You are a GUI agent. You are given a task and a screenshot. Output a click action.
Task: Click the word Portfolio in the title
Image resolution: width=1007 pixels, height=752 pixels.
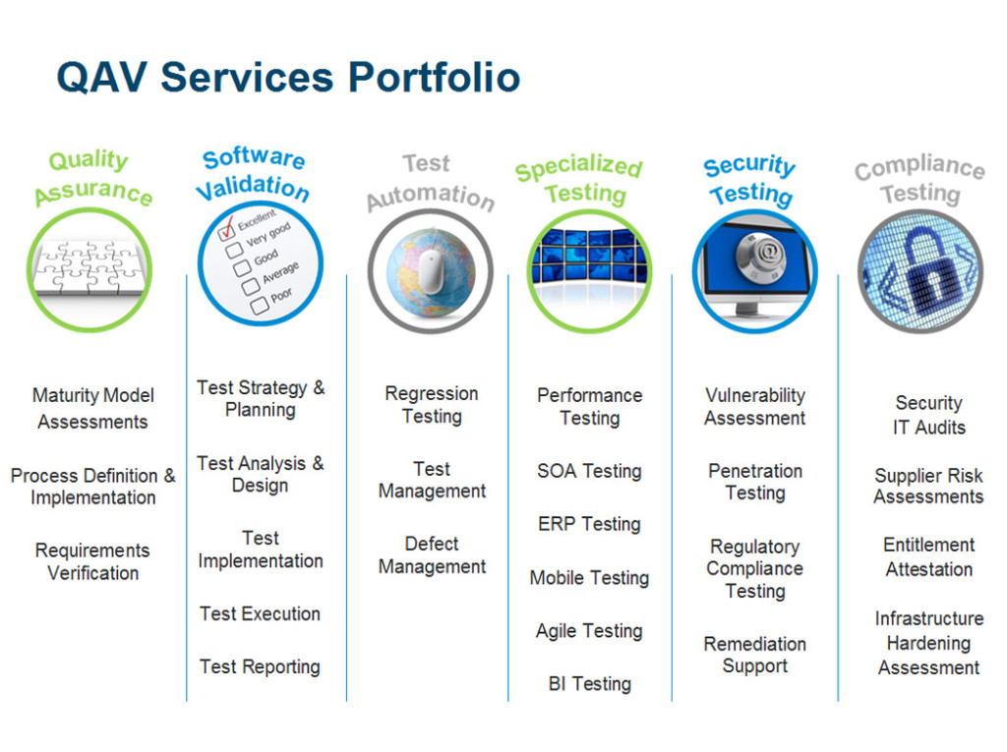click(x=434, y=78)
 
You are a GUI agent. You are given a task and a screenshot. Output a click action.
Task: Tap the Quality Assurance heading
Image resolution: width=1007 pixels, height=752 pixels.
click(x=92, y=178)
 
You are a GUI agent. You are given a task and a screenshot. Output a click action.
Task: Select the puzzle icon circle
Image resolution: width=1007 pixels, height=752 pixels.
click(x=89, y=269)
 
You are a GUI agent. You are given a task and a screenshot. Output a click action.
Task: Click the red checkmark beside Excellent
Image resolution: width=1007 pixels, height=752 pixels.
click(x=227, y=227)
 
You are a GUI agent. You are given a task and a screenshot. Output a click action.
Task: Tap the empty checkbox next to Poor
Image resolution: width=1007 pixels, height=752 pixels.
click(x=260, y=306)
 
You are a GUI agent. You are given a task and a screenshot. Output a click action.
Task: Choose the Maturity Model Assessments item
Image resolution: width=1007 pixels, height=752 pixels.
click(x=93, y=408)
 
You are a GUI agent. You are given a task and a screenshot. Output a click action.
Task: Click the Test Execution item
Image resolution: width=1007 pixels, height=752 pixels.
click(x=260, y=614)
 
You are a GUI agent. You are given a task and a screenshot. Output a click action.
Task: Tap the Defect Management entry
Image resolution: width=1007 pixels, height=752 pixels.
click(x=432, y=555)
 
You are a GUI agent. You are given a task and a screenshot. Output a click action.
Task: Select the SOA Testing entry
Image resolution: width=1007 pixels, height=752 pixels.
click(x=590, y=472)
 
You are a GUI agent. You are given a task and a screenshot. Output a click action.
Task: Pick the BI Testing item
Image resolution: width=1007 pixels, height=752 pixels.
click(x=590, y=684)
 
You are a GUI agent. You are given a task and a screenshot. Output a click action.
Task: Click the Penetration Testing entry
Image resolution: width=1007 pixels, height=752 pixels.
click(x=755, y=483)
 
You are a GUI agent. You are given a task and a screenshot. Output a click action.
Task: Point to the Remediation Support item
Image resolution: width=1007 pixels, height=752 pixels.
click(x=754, y=655)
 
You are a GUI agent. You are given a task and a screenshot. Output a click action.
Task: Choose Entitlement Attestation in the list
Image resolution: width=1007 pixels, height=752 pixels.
click(x=928, y=556)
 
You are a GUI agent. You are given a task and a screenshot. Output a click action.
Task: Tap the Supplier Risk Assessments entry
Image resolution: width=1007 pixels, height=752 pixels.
click(x=928, y=487)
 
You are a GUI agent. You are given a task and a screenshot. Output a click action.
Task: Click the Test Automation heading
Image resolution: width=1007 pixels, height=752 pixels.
click(x=430, y=183)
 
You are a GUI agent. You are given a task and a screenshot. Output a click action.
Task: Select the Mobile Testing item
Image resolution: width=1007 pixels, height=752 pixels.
click(x=590, y=578)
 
